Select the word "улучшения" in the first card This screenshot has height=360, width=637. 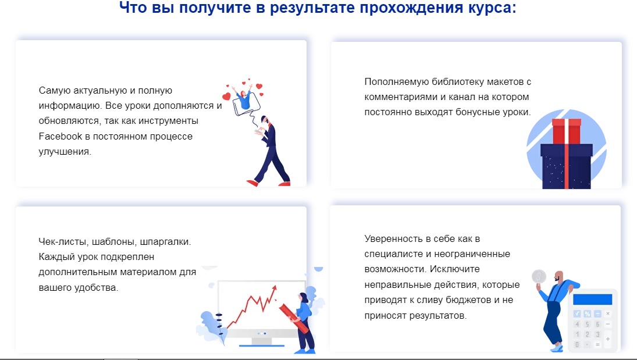pyautogui.click(x=65, y=152)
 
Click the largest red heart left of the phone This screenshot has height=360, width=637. pyautogui.click(x=226, y=97)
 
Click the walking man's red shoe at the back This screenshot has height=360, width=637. pyautogui.click(x=252, y=183)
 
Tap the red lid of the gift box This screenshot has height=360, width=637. pyautogui.click(x=566, y=131)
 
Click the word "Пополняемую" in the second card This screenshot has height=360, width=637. pyautogui.click(x=397, y=82)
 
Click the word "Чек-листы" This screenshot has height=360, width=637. pyautogui.click(x=63, y=242)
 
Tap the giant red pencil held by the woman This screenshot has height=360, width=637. pyautogui.click(x=294, y=318)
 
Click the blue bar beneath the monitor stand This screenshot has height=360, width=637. pyautogui.click(x=261, y=346)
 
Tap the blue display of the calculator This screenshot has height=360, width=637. pyautogui.click(x=592, y=300)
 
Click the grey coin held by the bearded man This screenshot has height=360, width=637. pyautogui.click(x=539, y=277)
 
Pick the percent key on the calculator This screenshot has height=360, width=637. pyautogui.click(x=587, y=313)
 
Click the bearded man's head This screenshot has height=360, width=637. pyautogui.click(x=560, y=277)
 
